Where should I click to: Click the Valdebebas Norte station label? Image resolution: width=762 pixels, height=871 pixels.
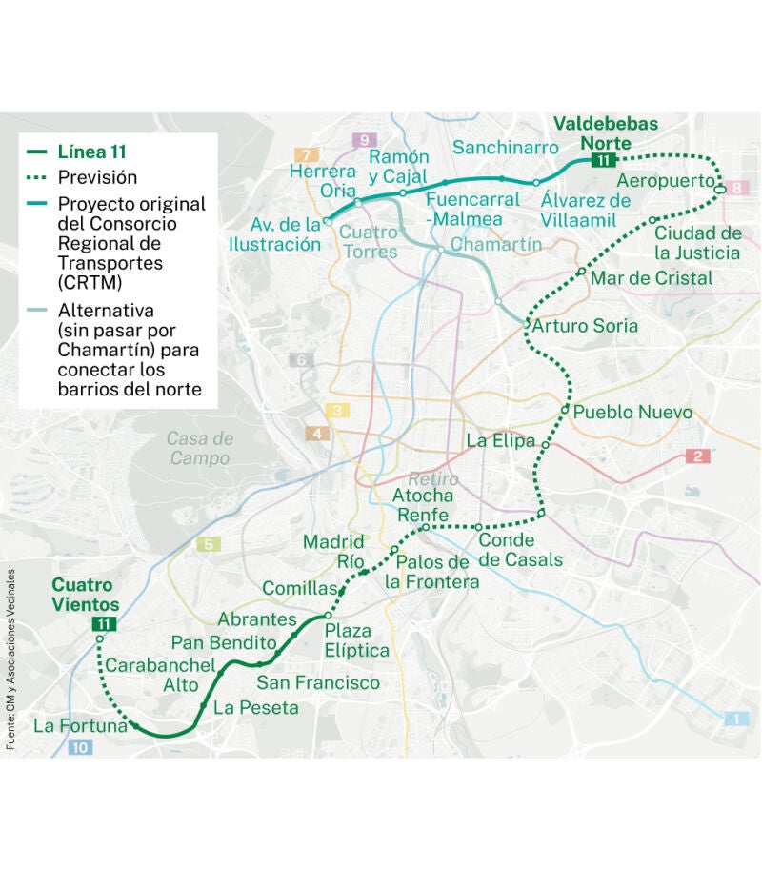pyautogui.click(x=605, y=133)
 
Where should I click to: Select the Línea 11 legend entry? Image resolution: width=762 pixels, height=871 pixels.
pyautogui.click(x=91, y=152)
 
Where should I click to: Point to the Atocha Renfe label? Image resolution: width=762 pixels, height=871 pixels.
pyautogui.click(x=423, y=506)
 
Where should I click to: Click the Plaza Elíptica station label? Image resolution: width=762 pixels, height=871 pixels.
pyautogui.click(x=356, y=641)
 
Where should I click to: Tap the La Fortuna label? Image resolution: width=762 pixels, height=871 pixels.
pyautogui.click(x=80, y=726)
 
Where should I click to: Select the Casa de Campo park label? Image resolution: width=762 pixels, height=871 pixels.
pyautogui.click(x=199, y=448)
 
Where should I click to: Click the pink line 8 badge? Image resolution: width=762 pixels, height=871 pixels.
pyautogui.click(x=736, y=189)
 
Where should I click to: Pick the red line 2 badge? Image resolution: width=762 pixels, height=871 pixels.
pyautogui.click(x=698, y=456)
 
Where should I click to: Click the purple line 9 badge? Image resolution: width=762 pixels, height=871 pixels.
pyautogui.click(x=363, y=140)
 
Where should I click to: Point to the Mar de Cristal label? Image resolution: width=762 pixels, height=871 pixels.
pyautogui.click(x=652, y=278)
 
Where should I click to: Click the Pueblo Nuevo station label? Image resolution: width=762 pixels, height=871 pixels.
pyautogui.click(x=632, y=414)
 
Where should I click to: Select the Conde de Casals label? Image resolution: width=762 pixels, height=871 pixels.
pyautogui.click(x=520, y=550)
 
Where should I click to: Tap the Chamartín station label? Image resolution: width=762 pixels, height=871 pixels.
pyautogui.click(x=495, y=245)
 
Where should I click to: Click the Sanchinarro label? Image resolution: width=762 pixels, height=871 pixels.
pyautogui.click(x=505, y=148)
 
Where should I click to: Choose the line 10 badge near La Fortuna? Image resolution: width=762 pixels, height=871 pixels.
pyautogui.click(x=80, y=748)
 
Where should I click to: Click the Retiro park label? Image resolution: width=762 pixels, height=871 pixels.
pyautogui.click(x=433, y=479)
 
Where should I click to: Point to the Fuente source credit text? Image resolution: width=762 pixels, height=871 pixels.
pyautogui.click(x=10, y=658)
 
